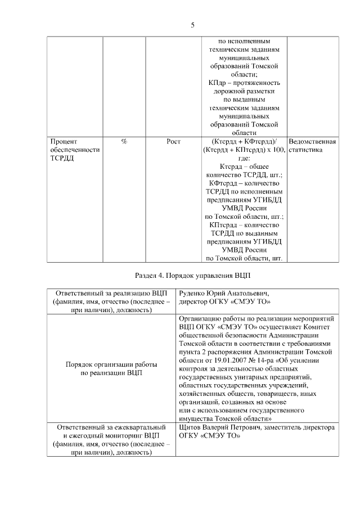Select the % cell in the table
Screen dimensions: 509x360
pos(124,142)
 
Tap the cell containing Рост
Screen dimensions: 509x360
pos(173,142)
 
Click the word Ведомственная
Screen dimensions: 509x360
pos(312,142)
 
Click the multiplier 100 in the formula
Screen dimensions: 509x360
pos(277,150)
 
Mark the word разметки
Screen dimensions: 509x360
pos(259,91)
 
